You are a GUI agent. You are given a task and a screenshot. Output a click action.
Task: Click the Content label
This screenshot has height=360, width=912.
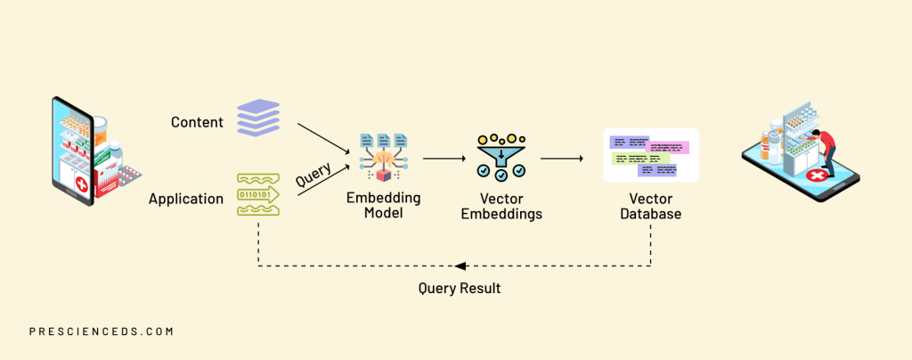point(197,122)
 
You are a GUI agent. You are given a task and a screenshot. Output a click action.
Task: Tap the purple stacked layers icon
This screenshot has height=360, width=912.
point(258,117)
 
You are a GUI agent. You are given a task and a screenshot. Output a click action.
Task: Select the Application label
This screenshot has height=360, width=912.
point(186,199)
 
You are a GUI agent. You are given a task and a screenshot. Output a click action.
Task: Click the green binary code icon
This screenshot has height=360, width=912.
point(258,194)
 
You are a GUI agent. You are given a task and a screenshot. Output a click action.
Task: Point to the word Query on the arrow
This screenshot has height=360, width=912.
point(313,174)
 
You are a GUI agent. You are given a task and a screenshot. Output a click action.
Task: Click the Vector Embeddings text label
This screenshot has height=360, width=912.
point(501,206)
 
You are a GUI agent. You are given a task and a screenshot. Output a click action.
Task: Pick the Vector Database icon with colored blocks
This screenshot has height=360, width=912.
point(650,155)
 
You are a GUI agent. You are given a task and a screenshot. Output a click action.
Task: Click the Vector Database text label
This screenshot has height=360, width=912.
point(650,206)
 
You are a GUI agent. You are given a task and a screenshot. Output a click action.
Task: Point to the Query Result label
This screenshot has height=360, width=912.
point(459,288)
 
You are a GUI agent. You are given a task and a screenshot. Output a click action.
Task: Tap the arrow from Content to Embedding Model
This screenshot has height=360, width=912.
point(322,136)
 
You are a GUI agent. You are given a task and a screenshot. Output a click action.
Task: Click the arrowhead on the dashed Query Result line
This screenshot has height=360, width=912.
point(458,266)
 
